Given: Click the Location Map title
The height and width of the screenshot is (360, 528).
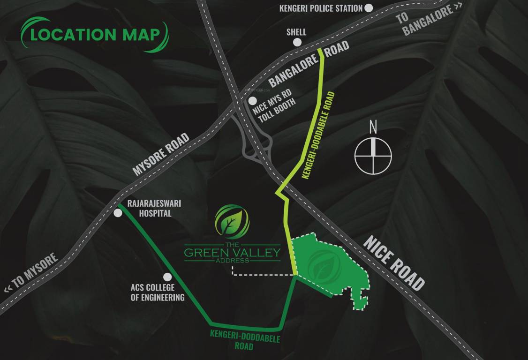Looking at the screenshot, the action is pos(94,34).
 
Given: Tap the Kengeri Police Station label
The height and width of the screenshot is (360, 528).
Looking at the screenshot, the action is pos(321,8).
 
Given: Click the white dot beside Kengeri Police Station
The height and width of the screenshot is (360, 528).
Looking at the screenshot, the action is pos(369,8).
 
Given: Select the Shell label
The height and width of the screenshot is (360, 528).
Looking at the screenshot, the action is pos(296,32).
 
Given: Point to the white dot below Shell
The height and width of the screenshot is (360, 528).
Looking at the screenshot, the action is pos(297,42).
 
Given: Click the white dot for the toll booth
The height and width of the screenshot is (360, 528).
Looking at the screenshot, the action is pos(253,101).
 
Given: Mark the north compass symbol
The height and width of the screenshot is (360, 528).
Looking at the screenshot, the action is pos(373,155).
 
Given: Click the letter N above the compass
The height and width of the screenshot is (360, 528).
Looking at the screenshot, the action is pos(373,127).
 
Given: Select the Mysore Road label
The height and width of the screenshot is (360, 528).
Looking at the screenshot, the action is pos(161,154).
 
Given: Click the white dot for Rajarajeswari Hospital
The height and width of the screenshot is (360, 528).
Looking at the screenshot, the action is pos(118,213).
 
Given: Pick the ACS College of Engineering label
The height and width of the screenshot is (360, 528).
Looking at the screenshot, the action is pos(158,292).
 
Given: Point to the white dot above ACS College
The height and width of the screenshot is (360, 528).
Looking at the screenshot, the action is pos(166,277).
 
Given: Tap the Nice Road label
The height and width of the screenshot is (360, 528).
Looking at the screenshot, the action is pos(394,263).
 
